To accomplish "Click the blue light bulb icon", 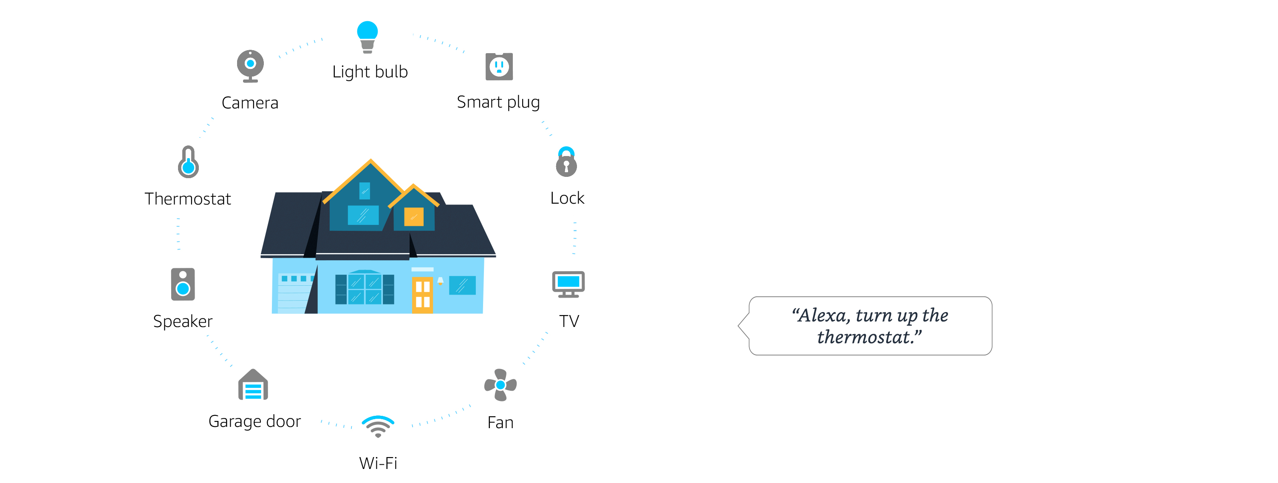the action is (x=367, y=37).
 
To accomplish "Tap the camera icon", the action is (x=250, y=66).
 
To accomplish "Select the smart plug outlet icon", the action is (x=499, y=66).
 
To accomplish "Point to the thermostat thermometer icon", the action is (x=188, y=162).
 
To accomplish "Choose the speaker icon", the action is (x=183, y=284).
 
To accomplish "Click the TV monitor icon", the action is (x=568, y=284).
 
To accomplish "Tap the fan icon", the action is (x=500, y=385).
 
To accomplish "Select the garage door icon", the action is (x=253, y=385).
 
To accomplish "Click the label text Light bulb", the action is (x=370, y=72).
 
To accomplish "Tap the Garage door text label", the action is (x=254, y=421).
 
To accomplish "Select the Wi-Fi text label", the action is (x=378, y=463).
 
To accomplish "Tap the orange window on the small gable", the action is (x=414, y=216).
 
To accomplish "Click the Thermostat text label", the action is (x=187, y=199).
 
